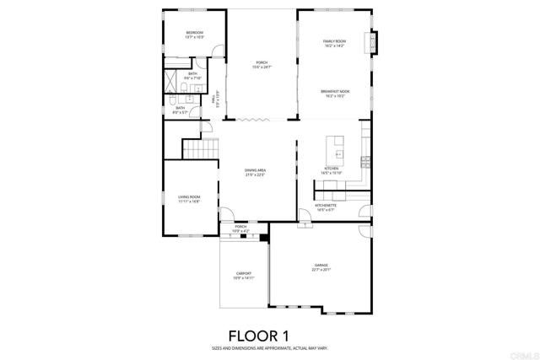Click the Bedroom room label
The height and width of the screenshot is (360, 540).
194,33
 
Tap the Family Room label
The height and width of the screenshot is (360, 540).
334,41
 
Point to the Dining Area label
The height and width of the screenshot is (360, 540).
255,171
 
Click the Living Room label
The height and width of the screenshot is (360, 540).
188,197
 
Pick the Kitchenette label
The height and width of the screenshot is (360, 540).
326,205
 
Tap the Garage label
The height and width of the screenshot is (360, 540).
321,266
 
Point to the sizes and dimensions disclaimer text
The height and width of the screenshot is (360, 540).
270,348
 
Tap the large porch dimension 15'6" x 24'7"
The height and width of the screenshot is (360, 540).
262,67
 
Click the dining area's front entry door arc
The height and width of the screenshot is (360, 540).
225,214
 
